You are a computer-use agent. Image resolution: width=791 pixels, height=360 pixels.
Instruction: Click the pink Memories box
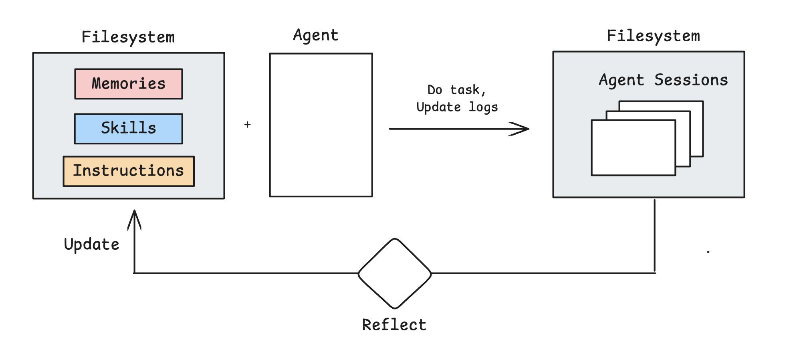129,84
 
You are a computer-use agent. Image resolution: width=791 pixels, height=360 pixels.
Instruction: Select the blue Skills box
129,129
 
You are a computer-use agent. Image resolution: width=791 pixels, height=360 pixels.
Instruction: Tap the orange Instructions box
129,171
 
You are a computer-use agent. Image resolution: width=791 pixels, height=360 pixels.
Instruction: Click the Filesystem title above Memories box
128,37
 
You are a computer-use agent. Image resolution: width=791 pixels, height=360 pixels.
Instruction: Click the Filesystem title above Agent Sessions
653,36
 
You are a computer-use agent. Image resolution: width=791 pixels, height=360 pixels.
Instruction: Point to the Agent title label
316,35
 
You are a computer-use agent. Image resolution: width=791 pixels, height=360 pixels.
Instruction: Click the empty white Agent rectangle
321,125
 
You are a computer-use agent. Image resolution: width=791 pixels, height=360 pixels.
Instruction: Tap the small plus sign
248,125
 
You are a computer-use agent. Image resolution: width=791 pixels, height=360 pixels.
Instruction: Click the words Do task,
456,90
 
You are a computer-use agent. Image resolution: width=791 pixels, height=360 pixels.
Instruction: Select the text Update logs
457,107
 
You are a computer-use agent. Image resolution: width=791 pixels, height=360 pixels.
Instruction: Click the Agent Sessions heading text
663,80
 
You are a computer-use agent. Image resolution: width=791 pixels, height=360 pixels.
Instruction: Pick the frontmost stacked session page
633,148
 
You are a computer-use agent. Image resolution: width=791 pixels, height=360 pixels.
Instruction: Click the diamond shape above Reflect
395,273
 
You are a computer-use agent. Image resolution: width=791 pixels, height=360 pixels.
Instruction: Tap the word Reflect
394,325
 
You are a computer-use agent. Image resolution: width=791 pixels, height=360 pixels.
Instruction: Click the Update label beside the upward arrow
92,244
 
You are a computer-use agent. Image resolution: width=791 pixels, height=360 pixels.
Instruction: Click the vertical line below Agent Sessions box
654,237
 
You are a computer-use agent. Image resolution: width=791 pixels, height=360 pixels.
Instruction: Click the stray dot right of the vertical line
708,252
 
